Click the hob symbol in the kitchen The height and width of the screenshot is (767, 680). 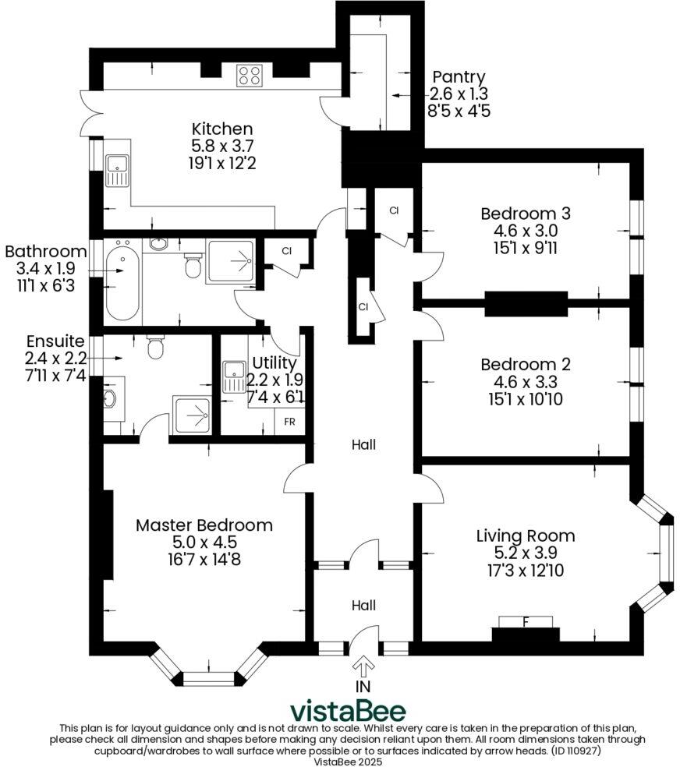(250, 75)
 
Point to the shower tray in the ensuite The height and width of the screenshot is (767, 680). (191, 414)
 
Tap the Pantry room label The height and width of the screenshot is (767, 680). (459, 77)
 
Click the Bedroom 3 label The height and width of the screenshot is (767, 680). (526, 214)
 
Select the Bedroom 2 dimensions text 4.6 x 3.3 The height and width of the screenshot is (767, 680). (526, 382)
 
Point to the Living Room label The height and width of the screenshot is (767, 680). (526, 535)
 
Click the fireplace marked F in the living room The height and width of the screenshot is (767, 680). (526, 622)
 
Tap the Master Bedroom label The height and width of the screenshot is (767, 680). (204, 525)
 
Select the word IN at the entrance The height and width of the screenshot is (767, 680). (363, 687)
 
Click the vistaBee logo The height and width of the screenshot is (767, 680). (348, 711)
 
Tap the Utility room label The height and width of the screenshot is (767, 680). (274, 363)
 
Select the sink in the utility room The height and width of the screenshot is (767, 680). (234, 377)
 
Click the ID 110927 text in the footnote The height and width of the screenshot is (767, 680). (572, 751)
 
